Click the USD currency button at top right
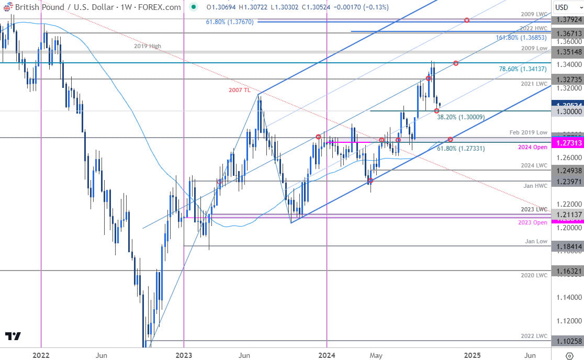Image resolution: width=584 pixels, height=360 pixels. click(568, 7)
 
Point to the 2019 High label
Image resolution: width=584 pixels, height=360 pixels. click(147, 46)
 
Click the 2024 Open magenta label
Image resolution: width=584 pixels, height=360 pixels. click(533, 148)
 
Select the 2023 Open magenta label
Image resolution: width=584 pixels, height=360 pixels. click(533, 223)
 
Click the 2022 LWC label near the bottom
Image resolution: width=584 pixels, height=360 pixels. click(534, 336)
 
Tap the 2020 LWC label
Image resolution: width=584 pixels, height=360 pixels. click(534, 275)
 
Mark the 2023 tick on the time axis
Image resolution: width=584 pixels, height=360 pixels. click(184, 355)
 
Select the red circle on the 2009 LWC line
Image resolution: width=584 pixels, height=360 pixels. click(467, 20)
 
